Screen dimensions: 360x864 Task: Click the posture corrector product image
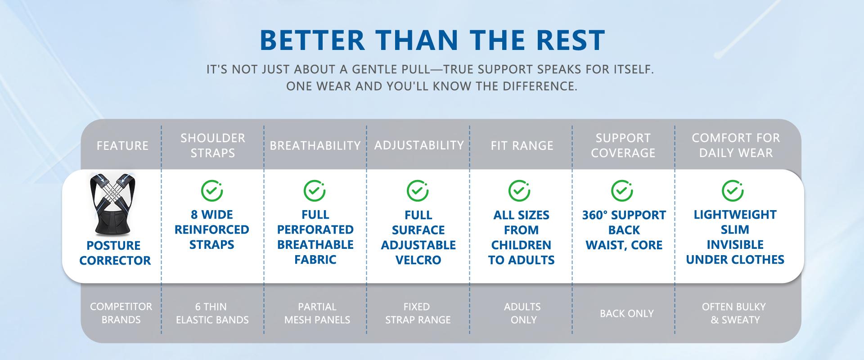(115, 205)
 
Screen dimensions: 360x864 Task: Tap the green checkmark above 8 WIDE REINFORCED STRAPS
(211, 190)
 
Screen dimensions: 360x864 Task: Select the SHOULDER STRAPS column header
(212, 145)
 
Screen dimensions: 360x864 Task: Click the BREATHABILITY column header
(315, 145)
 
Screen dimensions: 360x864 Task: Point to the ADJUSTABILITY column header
(418, 145)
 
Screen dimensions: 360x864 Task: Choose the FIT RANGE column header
(521, 145)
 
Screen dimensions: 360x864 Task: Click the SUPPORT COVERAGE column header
(623, 145)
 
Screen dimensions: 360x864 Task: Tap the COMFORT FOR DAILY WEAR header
(735, 145)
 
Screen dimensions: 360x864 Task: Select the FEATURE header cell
(122, 145)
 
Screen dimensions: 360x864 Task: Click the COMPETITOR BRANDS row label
(121, 313)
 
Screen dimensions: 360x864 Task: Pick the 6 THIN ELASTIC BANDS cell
(212, 313)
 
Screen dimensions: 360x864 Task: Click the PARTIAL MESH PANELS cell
(317, 313)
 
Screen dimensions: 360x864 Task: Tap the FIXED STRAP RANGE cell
(418, 313)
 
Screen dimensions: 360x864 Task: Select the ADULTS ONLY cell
(522, 313)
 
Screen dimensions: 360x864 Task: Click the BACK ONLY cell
(626, 314)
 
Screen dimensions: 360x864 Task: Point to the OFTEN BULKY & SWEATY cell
(734, 313)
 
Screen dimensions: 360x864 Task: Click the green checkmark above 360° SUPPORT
(622, 190)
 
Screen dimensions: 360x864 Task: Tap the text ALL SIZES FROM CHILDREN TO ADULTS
(521, 237)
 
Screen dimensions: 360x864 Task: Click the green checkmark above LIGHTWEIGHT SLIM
(732, 190)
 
